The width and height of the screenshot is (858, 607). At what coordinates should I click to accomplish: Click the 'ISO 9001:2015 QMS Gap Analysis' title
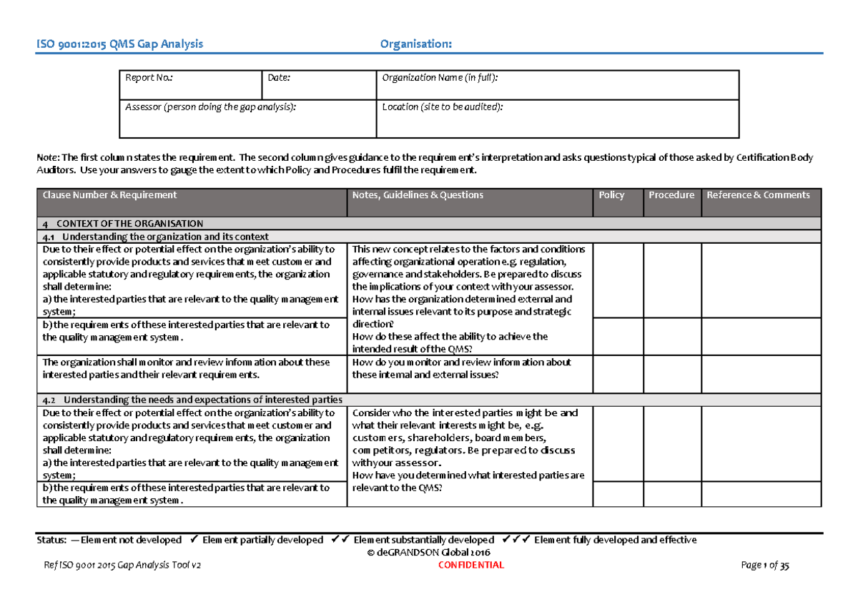tap(120, 44)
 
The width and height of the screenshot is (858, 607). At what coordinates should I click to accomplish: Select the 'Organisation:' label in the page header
tap(415, 44)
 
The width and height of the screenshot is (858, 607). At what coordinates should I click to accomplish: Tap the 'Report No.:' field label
tap(149, 78)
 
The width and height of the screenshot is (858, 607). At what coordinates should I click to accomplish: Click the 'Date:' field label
tap(278, 78)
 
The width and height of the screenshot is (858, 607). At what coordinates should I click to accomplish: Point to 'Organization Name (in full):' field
tap(440, 78)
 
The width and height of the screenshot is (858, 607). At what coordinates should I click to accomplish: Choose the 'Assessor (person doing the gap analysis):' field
tap(210, 107)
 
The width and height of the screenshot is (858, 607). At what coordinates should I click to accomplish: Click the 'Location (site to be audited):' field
tap(442, 107)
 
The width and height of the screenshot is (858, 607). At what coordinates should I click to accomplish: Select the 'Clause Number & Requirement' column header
tap(109, 195)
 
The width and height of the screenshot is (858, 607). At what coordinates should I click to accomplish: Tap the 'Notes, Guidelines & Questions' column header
tap(418, 195)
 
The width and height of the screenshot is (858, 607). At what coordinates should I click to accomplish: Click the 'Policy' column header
tap(612, 195)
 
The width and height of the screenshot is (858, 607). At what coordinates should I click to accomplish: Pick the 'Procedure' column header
tap(671, 195)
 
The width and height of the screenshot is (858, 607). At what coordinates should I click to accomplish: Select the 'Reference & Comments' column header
tap(758, 195)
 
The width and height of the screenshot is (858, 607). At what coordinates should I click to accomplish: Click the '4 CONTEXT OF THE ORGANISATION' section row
tap(123, 224)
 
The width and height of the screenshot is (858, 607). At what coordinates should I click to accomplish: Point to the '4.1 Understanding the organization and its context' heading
tap(156, 237)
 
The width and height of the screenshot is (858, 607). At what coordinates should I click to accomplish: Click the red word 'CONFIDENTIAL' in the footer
tap(474, 565)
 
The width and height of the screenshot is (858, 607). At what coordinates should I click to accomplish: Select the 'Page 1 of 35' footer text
tap(766, 565)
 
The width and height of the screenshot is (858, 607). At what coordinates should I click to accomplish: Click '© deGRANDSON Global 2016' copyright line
tap(428, 553)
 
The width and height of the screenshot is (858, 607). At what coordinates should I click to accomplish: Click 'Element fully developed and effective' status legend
tap(615, 540)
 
